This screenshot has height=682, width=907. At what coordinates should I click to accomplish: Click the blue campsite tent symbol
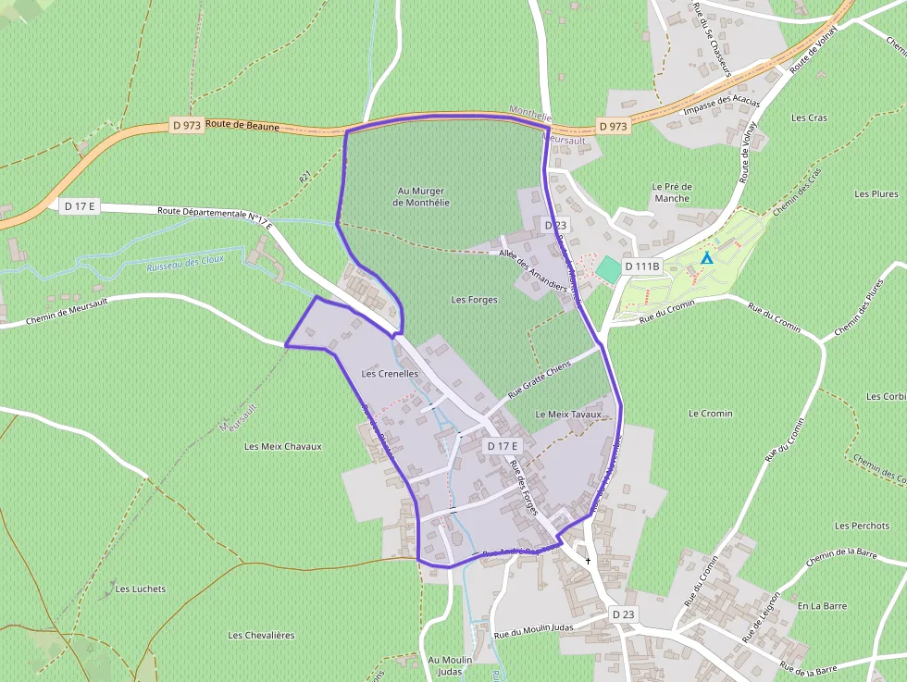coord(707,258)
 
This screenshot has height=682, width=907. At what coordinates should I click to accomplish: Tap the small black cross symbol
coord(589,561)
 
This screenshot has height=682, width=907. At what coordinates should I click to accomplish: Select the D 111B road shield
coord(642,267)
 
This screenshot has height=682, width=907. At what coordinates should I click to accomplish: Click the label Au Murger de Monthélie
coord(421,196)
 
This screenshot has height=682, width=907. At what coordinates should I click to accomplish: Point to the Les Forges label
coord(475,300)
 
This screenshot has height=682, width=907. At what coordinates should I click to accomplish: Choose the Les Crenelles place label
coord(390,374)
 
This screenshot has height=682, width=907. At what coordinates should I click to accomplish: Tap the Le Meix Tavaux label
coord(568,415)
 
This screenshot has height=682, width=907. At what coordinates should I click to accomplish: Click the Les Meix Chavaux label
coord(283,446)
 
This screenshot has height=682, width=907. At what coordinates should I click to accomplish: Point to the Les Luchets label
coord(141,589)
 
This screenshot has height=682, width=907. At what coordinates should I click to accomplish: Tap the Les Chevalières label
coord(261,635)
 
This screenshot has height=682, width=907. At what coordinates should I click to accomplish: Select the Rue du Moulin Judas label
coord(534,630)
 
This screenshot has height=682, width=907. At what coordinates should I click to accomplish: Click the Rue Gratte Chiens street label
coord(539,381)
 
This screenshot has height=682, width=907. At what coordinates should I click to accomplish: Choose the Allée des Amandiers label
coord(532,272)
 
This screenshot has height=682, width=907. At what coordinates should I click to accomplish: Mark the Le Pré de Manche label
coord(672,192)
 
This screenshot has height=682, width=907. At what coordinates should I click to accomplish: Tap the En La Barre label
coord(822,606)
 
